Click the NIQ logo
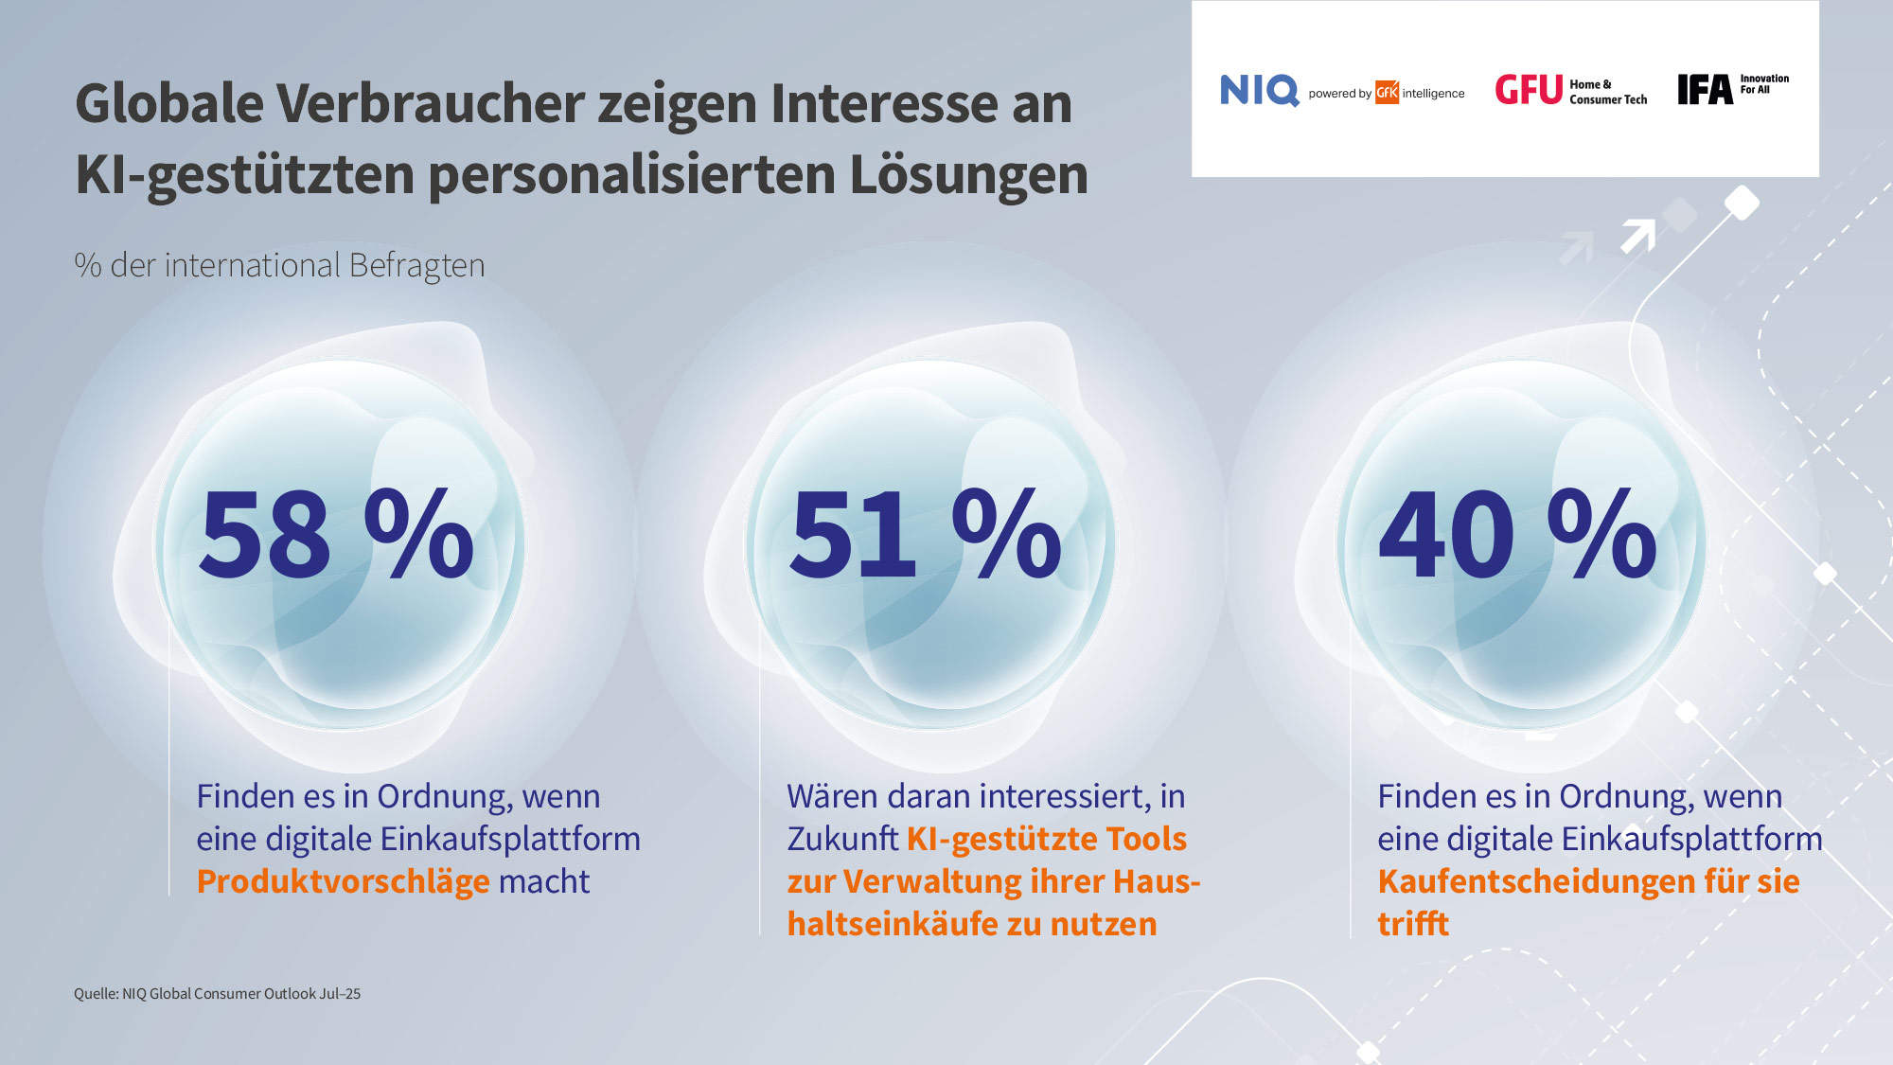click(1259, 91)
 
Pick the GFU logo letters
click(1529, 90)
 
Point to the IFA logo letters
click(1705, 90)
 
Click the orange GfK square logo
click(1387, 92)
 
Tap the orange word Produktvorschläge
click(343, 881)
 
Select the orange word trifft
click(1412, 924)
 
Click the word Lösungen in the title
click(968, 174)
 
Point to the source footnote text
click(217, 994)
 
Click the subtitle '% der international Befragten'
click(279, 265)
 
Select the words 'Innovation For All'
click(1764, 84)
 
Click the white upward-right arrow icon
click(1638, 235)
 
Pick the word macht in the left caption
click(543, 881)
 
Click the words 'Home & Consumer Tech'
click(1607, 92)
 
